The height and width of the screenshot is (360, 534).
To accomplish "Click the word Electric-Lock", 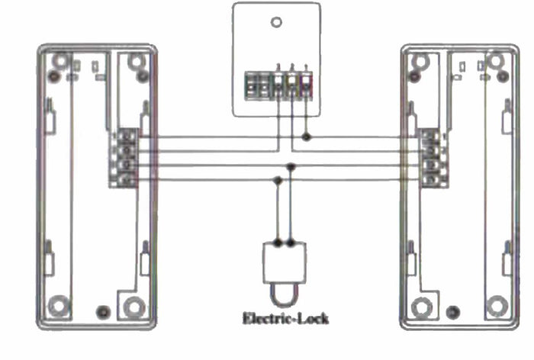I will (285, 318).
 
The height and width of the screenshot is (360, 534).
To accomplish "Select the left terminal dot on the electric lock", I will (278, 243).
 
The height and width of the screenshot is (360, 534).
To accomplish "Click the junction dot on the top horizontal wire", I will (306, 137).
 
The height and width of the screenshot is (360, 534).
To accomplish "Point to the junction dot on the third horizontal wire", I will (291, 166).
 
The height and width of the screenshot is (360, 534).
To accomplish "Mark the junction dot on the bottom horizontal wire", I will (278, 180).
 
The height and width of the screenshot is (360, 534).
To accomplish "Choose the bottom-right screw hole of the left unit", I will (134, 307).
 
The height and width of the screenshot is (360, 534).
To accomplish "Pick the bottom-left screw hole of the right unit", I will (420, 307).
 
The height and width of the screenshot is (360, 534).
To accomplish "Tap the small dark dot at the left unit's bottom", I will (104, 312).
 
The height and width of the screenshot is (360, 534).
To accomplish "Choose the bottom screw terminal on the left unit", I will (129, 180).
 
